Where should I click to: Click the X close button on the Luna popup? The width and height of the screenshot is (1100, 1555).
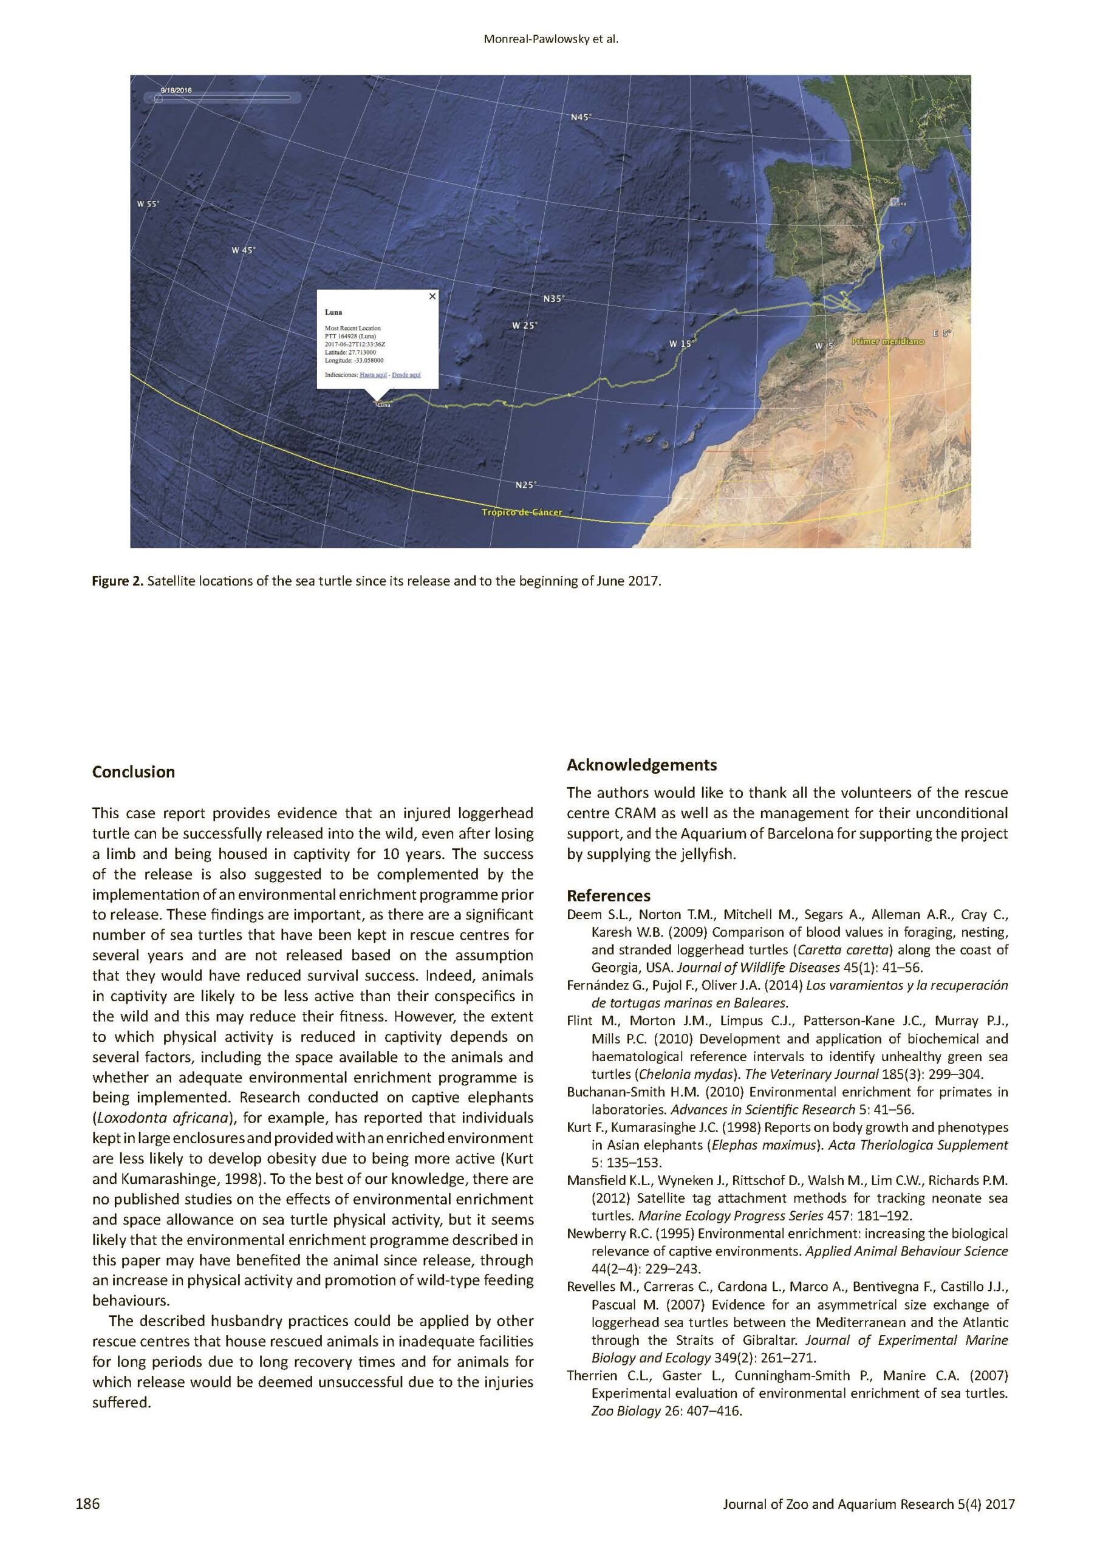click(432, 296)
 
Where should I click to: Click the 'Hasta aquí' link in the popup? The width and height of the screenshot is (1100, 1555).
click(373, 375)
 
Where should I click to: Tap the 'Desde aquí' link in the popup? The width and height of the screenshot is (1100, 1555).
click(406, 375)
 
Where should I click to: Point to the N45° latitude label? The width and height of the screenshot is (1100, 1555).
click(581, 117)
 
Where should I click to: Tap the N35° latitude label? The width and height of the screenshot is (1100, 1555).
click(553, 299)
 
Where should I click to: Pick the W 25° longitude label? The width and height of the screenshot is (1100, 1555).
click(524, 326)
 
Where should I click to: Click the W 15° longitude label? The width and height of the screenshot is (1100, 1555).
click(682, 344)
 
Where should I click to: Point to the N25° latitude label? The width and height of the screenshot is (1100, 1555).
click(525, 485)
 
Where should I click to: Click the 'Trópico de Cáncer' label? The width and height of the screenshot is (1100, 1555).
click(522, 512)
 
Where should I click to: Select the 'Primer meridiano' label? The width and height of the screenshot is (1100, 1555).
click(887, 341)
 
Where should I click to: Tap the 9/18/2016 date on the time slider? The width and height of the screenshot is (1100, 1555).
click(176, 90)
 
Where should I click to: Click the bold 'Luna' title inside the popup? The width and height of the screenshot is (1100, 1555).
click(333, 312)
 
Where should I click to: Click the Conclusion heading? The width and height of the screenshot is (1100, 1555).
click(134, 772)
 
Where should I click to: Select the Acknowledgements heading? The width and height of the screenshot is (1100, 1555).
click(641, 765)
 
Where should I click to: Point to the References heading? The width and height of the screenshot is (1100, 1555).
click(608, 895)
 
